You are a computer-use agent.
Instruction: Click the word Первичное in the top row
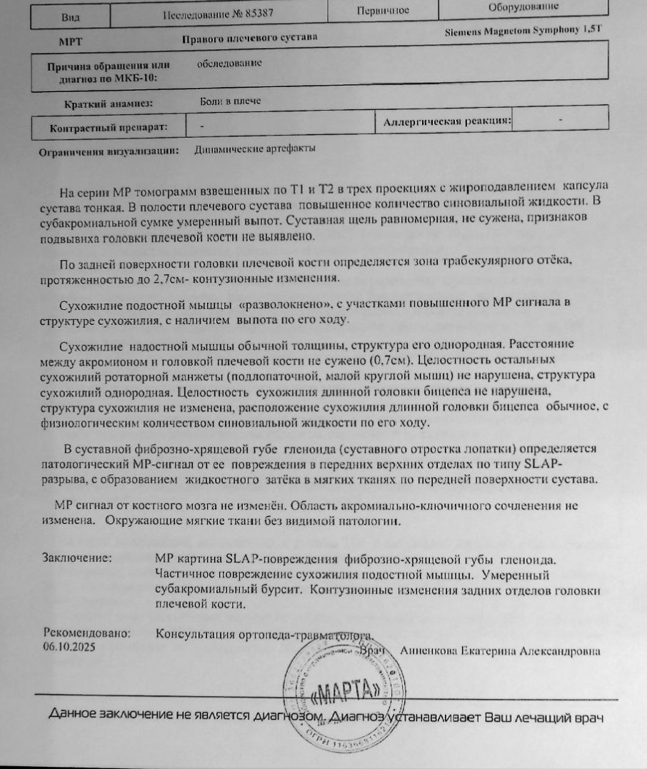click(382, 10)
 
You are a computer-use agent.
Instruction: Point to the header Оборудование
click(523, 6)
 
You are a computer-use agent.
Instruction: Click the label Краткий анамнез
click(108, 104)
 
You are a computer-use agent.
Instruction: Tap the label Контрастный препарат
click(108, 127)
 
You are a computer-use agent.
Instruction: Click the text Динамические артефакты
click(255, 149)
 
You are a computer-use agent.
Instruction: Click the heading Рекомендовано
click(87, 633)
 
